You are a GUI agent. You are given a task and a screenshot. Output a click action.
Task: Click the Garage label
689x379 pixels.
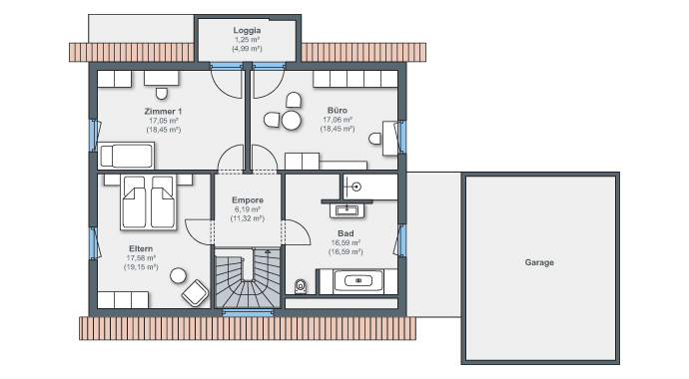coord(539,262)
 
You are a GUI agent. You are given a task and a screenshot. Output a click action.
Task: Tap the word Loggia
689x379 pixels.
coord(247,30)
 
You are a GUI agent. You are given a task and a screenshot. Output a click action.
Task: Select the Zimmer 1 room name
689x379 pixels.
coord(164,110)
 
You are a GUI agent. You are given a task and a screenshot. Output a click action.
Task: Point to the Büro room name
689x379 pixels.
coord(338,110)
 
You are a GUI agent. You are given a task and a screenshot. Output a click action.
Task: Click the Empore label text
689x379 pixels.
coord(247,200)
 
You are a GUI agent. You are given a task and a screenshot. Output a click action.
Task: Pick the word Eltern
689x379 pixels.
coord(141,248)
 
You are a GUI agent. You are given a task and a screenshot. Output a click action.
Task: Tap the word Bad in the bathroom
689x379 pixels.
coord(344,232)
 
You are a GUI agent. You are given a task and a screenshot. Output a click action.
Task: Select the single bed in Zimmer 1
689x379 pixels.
coord(127,156)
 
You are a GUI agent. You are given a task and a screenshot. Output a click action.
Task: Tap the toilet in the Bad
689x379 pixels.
coord(301,286)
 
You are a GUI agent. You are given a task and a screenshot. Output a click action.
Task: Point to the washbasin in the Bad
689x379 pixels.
coord(346,208)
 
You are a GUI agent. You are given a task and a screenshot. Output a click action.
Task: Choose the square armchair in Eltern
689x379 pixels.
coord(196,293)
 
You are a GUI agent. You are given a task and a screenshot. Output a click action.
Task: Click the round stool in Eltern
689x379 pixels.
coord(178,274)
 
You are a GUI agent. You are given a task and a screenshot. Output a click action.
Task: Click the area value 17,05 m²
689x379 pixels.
coord(164,120)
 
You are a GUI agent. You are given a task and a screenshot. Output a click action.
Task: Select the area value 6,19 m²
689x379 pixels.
coord(247,209)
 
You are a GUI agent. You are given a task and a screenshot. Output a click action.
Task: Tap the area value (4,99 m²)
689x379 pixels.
coord(247,48)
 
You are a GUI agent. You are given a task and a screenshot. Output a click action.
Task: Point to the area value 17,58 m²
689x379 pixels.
coord(141,258)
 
